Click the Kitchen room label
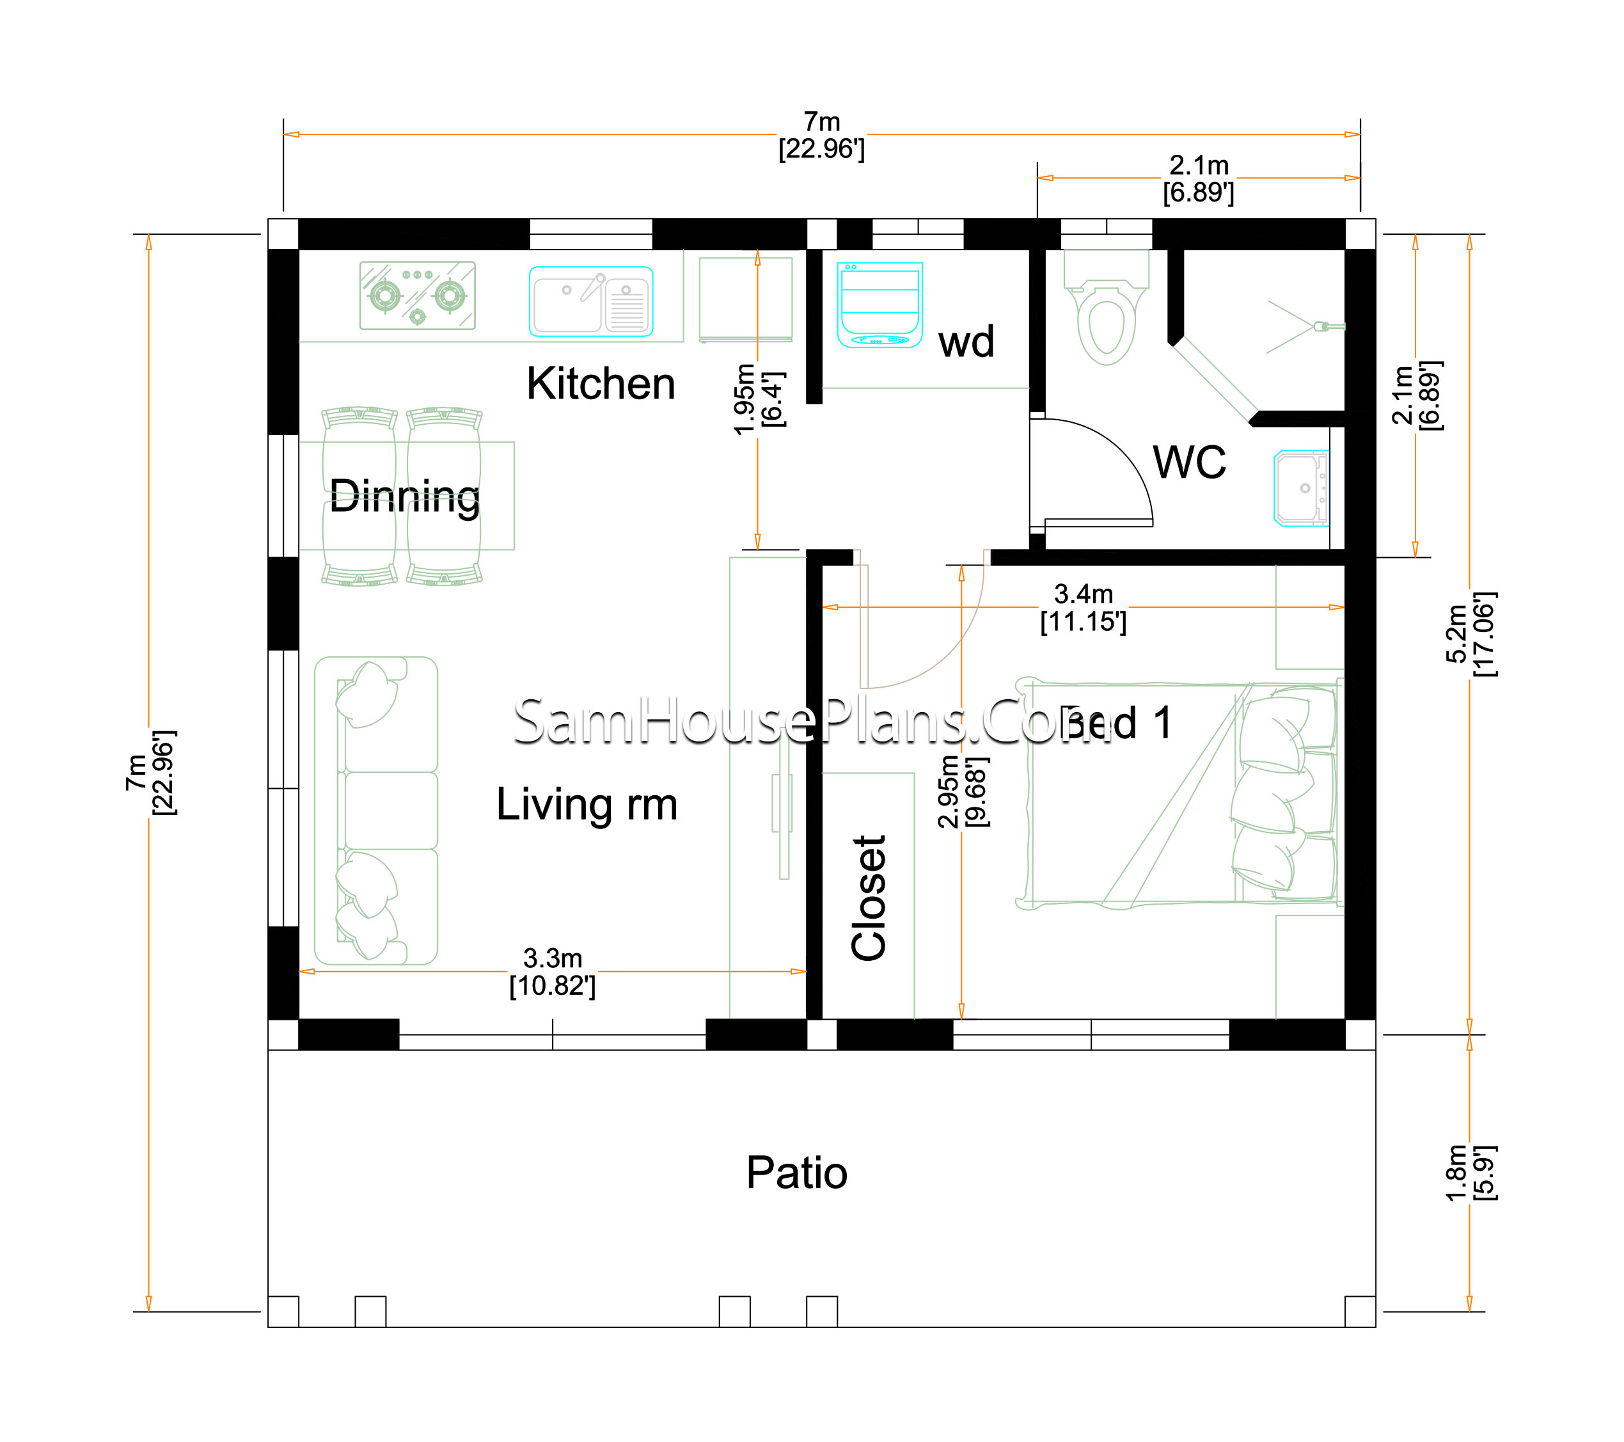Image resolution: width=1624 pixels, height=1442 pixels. tap(601, 384)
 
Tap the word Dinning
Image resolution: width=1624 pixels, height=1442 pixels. tap(404, 496)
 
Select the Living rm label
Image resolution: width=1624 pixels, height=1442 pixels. tap(587, 804)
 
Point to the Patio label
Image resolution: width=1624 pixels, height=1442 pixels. tap(797, 1173)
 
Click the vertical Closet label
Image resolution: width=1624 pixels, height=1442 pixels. tap(869, 898)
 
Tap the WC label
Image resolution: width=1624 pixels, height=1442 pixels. tap(1190, 462)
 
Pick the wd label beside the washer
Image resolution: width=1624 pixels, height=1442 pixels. tap(966, 342)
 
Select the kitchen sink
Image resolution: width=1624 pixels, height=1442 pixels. tap(591, 302)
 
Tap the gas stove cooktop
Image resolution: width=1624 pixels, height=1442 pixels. tap(418, 296)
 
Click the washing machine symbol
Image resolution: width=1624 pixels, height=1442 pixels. tap(880, 305)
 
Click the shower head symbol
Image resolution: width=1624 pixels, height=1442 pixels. tap(1328, 326)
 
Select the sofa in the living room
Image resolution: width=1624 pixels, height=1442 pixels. tap(376, 811)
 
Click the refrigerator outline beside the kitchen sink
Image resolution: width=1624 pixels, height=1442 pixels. tap(745, 299)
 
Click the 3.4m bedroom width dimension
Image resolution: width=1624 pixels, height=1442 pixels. tap(1084, 608)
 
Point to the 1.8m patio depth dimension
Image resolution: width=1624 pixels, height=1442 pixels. tap(1470, 1173)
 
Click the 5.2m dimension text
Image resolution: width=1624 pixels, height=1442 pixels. tap(1470, 634)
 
